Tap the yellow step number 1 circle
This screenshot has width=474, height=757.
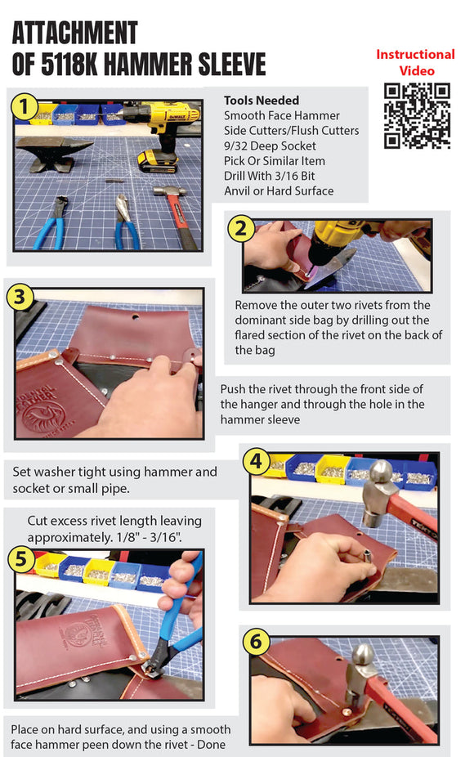[x=25, y=107]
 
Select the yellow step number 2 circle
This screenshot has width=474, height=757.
[x=240, y=229]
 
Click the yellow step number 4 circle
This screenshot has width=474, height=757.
[x=258, y=463]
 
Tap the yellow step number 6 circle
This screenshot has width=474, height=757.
[x=257, y=643]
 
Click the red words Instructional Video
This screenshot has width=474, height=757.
[x=415, y=62]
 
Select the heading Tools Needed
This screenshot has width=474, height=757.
[x=261, y=101]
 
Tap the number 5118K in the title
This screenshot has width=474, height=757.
[x=81, y=63]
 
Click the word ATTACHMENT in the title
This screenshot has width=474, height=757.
[x=74, y=33]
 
